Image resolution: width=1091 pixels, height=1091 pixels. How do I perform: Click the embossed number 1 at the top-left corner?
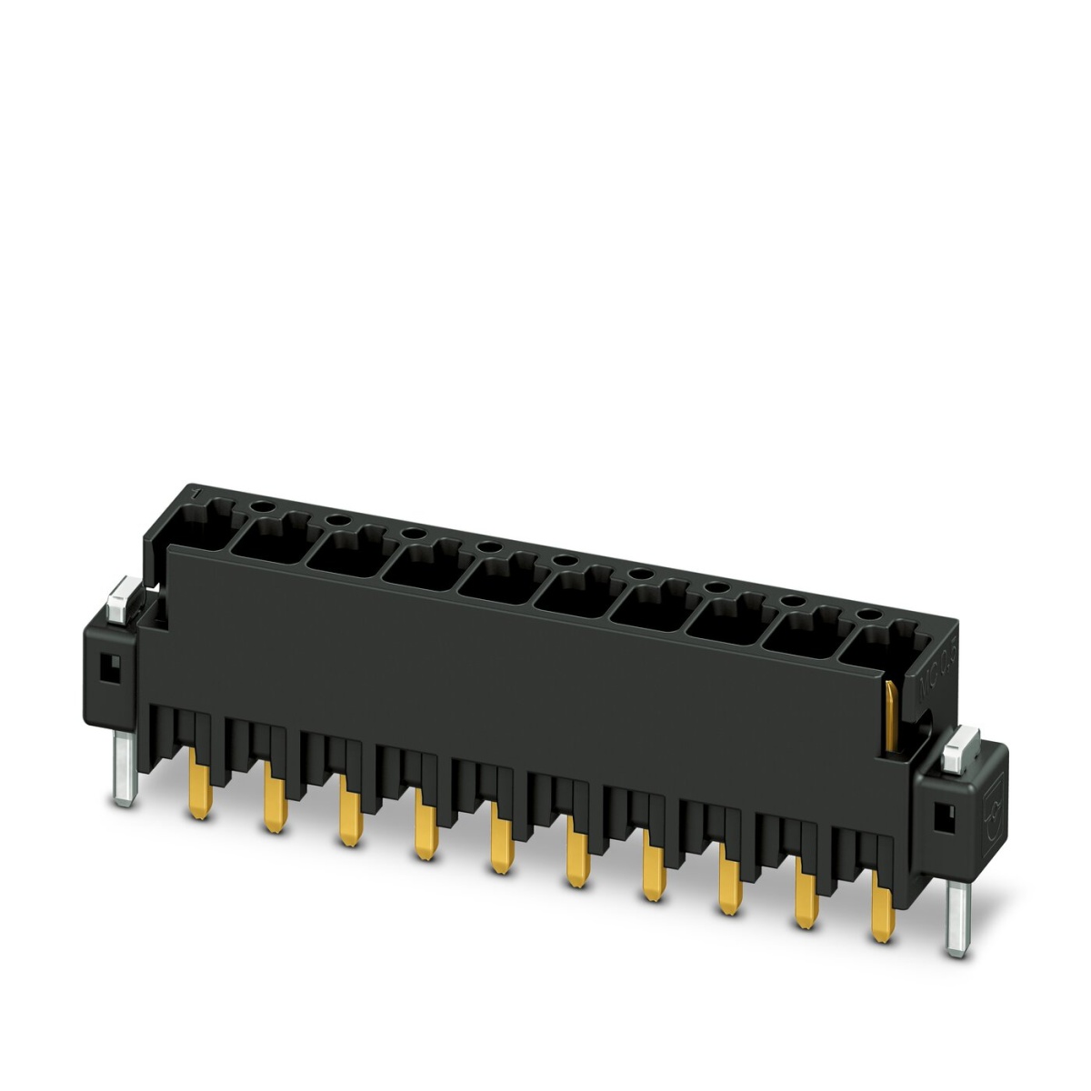click(194, 494)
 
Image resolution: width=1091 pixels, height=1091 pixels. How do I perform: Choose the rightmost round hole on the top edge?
click(869, 616)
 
